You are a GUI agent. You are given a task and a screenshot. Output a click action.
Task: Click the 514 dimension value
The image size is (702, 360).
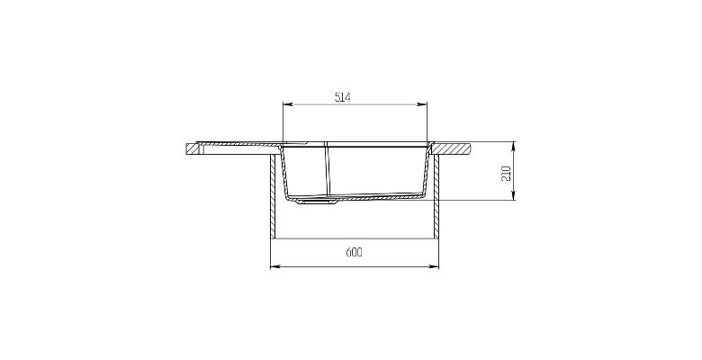(x=343, y=96)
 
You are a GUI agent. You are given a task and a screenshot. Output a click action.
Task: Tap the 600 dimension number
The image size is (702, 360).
(x=354, y=253)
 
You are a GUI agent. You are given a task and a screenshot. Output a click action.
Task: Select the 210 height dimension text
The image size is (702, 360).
(x=506, y=173)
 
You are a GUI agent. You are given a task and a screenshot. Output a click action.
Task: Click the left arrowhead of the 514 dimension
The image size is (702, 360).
(x=287, y=104)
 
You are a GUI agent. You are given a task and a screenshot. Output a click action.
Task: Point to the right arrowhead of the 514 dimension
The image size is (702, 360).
(x=422, y=104)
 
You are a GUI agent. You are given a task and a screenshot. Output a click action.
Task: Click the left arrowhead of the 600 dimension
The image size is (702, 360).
(x=275, y=267)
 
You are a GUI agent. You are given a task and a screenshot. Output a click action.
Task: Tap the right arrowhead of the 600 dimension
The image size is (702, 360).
(x=434, y=267)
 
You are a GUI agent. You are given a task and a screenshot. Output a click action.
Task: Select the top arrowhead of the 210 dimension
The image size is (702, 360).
(x=514, y=147)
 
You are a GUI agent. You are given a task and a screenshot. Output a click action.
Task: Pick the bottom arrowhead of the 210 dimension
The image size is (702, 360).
(x=514, y=195)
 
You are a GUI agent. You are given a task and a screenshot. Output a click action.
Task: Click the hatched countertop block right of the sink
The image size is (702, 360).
(x=452, y=148)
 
